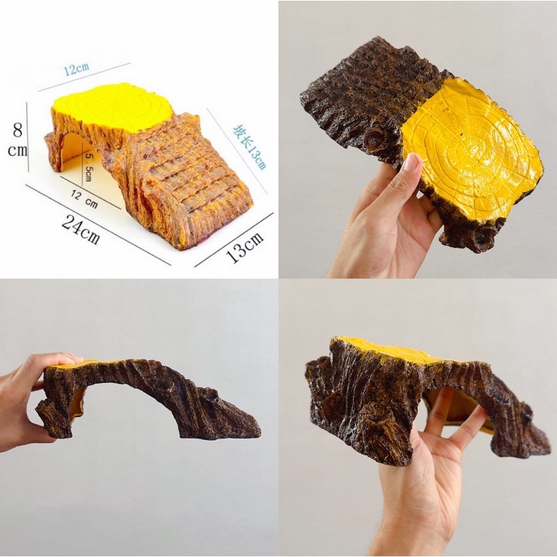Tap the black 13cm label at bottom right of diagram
245,247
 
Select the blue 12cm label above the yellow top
77,68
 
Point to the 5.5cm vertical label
87,166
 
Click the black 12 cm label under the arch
84,199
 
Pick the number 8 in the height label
17,130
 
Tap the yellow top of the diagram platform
112,104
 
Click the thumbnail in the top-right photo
412,161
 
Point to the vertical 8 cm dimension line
28,136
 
